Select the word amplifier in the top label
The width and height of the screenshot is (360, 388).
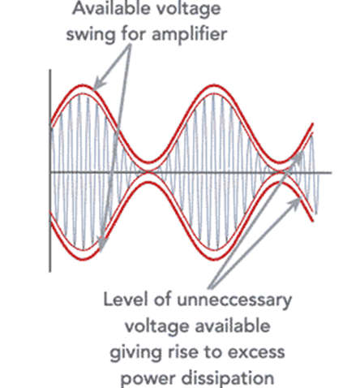[189, 35]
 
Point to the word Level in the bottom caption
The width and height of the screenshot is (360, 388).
[125, 300]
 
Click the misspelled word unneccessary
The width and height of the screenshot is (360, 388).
[234, 300]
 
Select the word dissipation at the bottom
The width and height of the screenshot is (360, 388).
[228, 378]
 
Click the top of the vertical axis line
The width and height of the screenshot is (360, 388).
[50, 70]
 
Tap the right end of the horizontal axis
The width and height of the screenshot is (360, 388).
[331, 172]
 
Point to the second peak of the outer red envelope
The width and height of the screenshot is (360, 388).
[214, 86]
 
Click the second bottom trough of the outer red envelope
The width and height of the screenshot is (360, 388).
[214, 259]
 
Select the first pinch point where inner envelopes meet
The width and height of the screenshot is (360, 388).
[148, 172]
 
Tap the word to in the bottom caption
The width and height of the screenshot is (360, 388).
[212, 352]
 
